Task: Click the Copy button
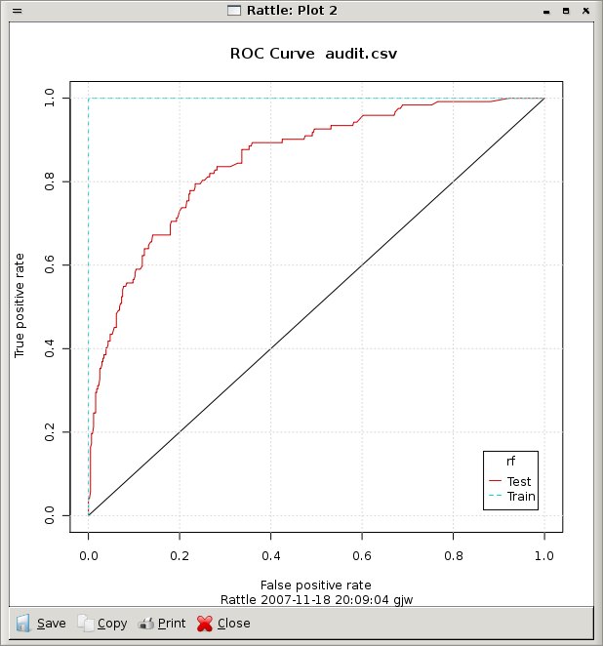tap(102, 624)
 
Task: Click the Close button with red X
tap(224, 624)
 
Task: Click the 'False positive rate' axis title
tap(316, 583)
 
